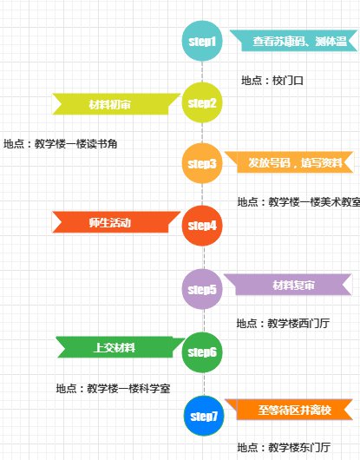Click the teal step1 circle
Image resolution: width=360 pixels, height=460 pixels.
pos(202,41)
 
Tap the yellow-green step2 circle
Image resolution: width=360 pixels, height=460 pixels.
pos(202,102)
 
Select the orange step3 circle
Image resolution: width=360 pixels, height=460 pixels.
pos(202,163)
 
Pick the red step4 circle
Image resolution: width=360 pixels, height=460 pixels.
pos(202,226)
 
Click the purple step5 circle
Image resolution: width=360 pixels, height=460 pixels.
pos(202,289)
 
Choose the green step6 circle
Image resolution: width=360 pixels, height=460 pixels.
pos(202,352)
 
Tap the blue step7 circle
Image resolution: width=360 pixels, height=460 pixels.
pos(204,416)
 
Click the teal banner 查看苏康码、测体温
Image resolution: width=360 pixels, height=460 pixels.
pos(294,41)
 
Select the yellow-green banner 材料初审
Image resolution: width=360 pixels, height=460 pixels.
pos(116,104)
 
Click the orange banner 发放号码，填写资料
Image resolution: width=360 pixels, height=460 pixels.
pos(290,162)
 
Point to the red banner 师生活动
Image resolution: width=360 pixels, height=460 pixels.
pos(116,222)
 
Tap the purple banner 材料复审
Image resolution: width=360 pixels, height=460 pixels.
pos(288,285)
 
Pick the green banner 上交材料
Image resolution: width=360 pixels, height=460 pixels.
pos(121,347)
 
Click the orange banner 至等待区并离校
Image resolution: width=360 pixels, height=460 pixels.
pos(289,410)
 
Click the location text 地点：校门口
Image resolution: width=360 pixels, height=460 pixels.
pos(272,81)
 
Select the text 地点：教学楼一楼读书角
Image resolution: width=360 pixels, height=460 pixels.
pos(61,144)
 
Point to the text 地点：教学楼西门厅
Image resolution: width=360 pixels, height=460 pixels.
pos(283,323)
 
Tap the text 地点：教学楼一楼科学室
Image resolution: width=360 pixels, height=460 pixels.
pos(113,389)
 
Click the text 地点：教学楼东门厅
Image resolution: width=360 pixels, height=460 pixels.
pos(284,447)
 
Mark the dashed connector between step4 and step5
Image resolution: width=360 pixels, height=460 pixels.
pos(205,258)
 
